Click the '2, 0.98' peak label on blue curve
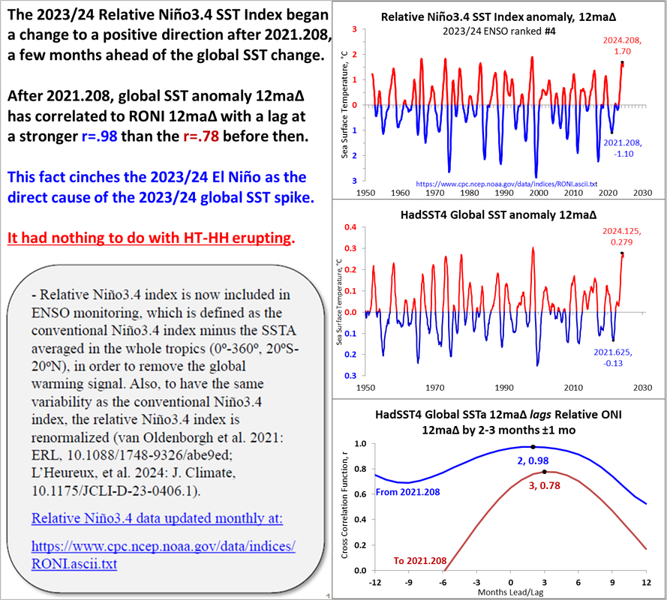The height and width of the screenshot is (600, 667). tap(533, 459)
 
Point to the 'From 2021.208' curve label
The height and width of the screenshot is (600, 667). tap(408, 493)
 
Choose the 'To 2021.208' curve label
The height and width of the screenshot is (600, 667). tap(420, 560)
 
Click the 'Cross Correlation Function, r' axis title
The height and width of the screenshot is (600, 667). tap(344, 507)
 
